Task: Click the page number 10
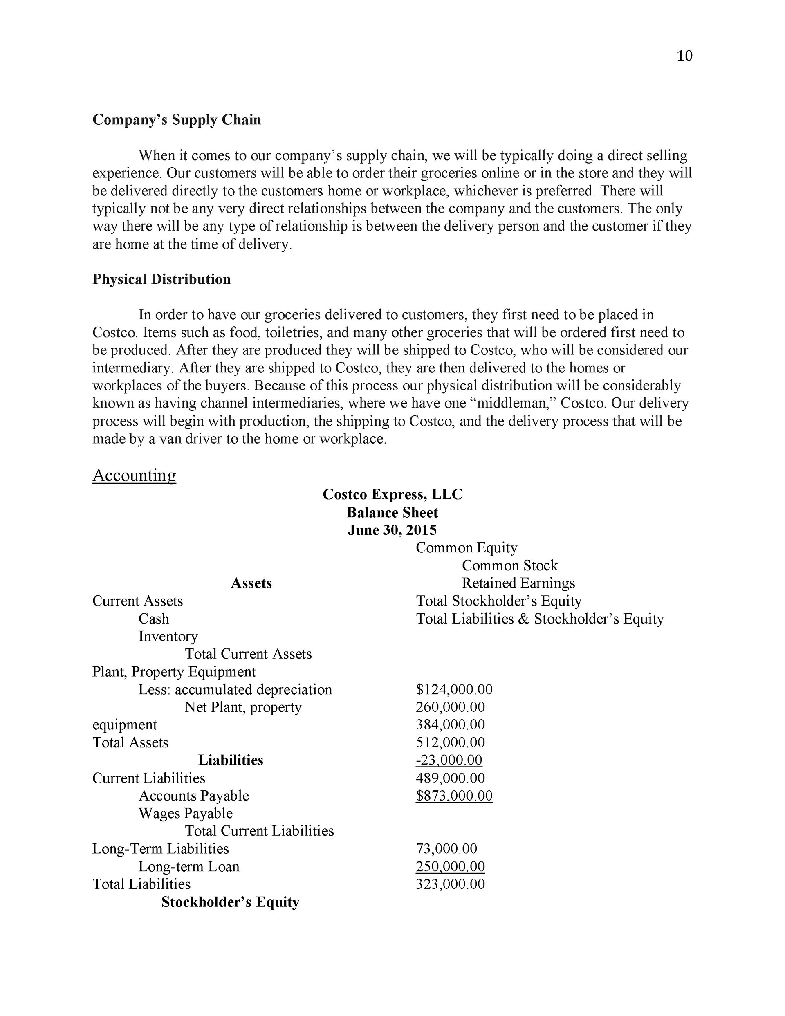point(684,56)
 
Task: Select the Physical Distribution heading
point(161,279)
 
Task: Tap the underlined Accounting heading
point(134,475)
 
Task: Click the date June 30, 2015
point(392,530)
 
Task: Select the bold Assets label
point(251,583)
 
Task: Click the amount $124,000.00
point(454,689)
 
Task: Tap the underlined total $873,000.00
point(454,796)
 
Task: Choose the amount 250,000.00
point(450,867)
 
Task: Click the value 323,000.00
point(450,884)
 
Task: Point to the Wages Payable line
point(185,813)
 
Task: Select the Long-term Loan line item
point(188,867)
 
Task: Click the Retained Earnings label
point(518,583)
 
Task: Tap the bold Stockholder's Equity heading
point(230,902)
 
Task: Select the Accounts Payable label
point(193,796)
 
